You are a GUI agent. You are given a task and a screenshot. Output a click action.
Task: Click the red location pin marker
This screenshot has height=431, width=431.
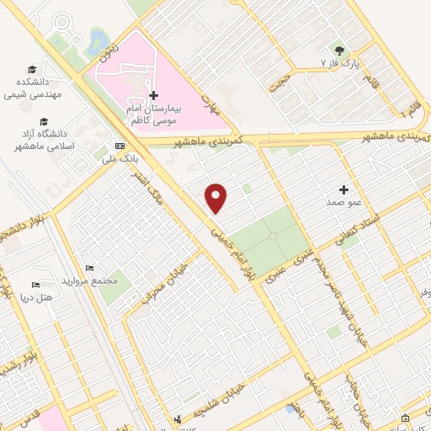click(x=216, y=197)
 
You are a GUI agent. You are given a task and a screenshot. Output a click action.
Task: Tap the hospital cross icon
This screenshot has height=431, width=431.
click(x=152, y=96)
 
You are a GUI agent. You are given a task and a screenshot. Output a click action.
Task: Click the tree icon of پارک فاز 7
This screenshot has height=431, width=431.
click(x=340, y=51)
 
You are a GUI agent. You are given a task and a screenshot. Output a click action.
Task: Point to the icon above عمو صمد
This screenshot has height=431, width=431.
click(x=343, y=189)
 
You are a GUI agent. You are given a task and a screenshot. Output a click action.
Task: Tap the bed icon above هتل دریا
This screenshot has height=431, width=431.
click(x=35, y=285)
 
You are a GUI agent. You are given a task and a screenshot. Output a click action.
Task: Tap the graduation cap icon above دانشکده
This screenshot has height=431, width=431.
click(x=32, y=69)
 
